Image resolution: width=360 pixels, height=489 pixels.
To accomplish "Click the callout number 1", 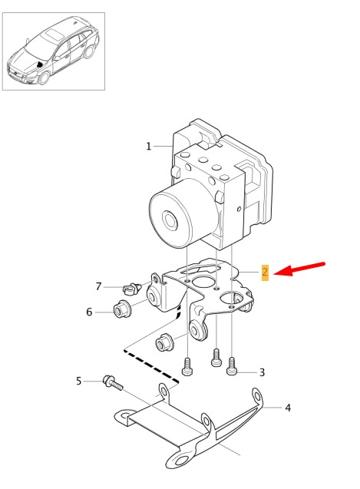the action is pyautogui.click(x=148, y=146).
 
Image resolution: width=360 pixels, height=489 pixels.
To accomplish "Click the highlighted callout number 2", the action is pyautogui.click(x=265, y=273).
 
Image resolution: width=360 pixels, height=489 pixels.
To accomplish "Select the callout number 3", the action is pyautogui.click(x=262, y=372).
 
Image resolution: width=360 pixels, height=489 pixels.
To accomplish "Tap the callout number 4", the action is pyautogui.click(x=288, y=408).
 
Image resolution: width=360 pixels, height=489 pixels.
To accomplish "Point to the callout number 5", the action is pyautogui.click(x=78, y=381).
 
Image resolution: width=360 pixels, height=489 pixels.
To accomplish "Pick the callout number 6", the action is pyautogui.click(x=89, y=312).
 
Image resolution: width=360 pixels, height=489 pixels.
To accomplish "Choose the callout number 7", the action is pyautogui.click(x=98, y=286).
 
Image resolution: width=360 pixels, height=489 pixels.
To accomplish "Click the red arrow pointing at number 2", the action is pyautogui.click(x=299, y=269).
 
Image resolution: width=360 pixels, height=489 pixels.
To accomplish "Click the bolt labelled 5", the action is pyautogui.click(x=112, y=383).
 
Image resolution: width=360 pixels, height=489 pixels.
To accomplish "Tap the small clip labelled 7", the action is pyautogui.click(x=131, y=289).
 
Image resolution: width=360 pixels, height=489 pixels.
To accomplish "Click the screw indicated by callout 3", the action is pyautogui.click(x=232, y=366).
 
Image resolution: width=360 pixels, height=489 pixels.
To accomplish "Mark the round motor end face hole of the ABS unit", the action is pyautogui.click(x=170, y=220).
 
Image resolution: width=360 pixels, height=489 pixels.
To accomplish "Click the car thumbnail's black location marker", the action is pyautogui.click(x=40, y=64).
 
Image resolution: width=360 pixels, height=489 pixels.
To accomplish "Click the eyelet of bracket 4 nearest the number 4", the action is pyautogui.click(x=257, y=397).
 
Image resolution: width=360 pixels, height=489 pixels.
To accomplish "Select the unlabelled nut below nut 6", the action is pyautogui.click(x=164, y=342).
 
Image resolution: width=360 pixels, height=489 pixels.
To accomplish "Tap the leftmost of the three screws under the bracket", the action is pyautogui.click(x=187, y=367).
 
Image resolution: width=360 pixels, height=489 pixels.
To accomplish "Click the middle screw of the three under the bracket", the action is pyautogui.click(x=216, y=358).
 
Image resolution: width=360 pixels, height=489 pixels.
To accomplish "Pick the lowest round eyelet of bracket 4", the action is pyautogui.click(x=180, y=461).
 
